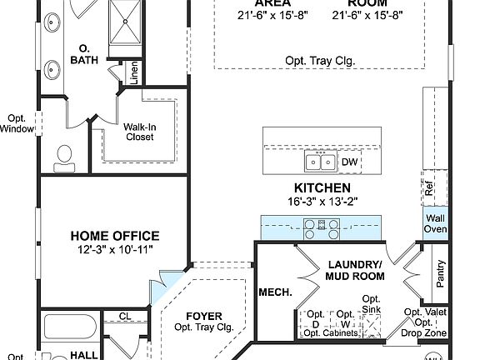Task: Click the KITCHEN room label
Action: point(322,188)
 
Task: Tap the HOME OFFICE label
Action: point(114,236)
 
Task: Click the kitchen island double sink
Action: point(321,161)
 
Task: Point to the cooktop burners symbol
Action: point(322,224)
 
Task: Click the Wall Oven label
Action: point(436,224)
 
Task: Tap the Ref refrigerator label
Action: point(429,190)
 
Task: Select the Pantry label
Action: point(440,273)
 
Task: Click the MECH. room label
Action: point(274,292)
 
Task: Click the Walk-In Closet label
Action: point(139,132)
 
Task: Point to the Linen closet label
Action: point(134,73)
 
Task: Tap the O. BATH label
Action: point(84,54)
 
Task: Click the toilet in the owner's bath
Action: point(64,155)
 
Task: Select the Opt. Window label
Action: point(17,123)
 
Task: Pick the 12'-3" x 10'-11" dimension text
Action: point(114,249)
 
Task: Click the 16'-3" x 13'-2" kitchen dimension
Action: point(322,202)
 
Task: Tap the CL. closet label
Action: point(124,317)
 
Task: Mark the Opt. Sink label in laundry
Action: point(372,304)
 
